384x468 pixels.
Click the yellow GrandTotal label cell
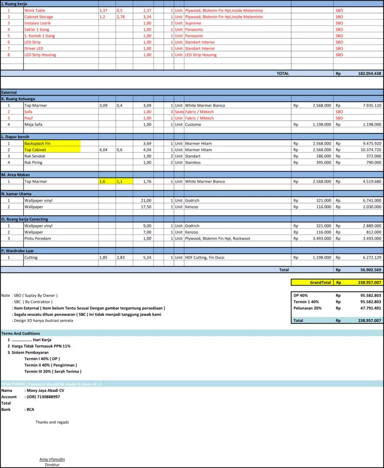(x=320, y=282)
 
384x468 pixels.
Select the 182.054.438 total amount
(x=370, y=74)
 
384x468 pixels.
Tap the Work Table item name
(x=35, y=10)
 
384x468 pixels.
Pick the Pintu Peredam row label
(x=37, y=238)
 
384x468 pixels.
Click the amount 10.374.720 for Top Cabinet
(x=370, y=149)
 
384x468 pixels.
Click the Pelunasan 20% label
(x=307, y=308)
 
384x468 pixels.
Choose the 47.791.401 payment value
(x=370, y=308)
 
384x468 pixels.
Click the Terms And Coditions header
(x=21, y=333)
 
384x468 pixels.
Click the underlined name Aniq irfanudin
(x=52, y=459)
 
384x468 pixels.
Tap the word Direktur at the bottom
(x=52, y=465)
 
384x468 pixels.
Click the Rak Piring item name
(x=33, y=162)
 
